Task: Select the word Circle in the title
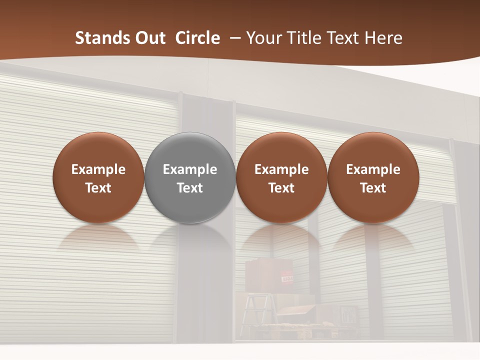point(197,38)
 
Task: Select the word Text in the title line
point(345,38)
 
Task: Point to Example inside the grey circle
point(190,169)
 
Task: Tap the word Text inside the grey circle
point(190,188)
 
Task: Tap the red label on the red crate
point(287,278)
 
